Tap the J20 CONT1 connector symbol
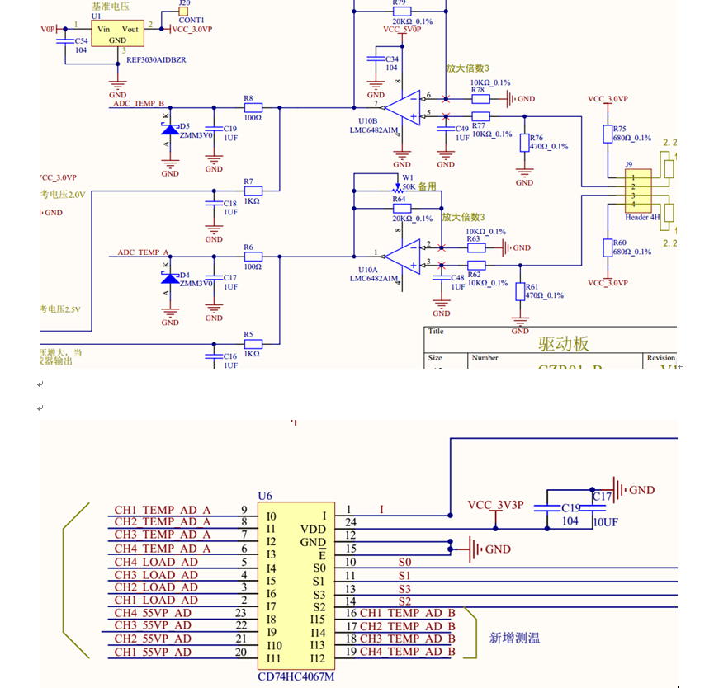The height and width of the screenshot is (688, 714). (x=183, y=13)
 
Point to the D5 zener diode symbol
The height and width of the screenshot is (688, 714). (x=170, y=129)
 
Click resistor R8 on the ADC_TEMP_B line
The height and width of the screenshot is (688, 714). (x=252, y=107)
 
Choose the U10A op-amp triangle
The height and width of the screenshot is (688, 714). (x=404, y=256)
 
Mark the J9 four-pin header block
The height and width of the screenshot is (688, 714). (x=637, y=191)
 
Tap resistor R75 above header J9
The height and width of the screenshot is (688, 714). (x=608, y=134)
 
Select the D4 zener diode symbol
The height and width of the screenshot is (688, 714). (x=170, y=276)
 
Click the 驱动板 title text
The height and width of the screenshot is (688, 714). (x=564, y=343)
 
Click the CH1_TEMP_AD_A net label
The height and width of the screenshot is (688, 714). (x=163, y=510)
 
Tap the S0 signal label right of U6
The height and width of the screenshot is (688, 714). (x=404, y=562)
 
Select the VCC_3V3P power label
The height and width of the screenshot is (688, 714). (x=495, y=505)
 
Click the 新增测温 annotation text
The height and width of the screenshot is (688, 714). (x=514, y=638)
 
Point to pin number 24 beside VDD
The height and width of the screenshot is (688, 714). (x=350, y=522)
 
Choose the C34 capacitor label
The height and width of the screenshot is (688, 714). (x=392, y=59)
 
